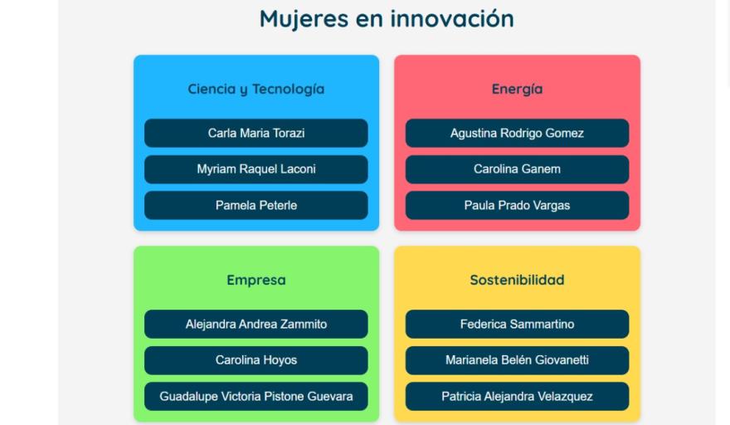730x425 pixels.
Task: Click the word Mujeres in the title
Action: (304, 20)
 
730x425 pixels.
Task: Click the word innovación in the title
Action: (452, 18)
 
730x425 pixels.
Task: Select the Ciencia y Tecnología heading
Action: (256, 89)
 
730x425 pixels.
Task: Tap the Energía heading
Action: (518, 89)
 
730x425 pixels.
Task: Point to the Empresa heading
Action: (256, 280)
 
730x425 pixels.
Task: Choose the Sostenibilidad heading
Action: (518, 280)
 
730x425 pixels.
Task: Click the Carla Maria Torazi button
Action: (256, 134)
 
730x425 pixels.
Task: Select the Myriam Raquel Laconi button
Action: (256, 169)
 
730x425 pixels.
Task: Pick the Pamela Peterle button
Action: (256, 206)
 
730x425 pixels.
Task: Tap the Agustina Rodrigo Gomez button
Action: (518, 134)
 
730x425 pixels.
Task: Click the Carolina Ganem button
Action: (518, 169)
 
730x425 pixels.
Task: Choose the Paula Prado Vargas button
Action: (518, 206)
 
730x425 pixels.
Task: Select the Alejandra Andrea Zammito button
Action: (256, 325)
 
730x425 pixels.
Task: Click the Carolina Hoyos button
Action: (256, 360)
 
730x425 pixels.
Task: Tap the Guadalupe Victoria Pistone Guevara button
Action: (256, 397)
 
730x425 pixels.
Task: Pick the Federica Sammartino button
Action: (518, 325)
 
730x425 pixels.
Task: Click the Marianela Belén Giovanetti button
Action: (518, 360)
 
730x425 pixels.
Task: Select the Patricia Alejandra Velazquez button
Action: (518, 397)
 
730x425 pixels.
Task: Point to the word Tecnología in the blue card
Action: (289, 89)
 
